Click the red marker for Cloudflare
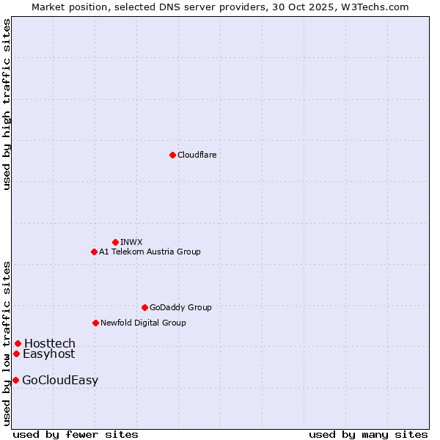pyautogui.click(x=172, y=155)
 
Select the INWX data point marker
pyautogui.click(x=115, y=242)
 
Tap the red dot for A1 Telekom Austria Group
pyautogui.click(x=94, y=252)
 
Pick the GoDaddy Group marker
pyautogui.click(x=144, y=307)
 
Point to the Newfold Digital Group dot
pyautogui.click(x=95, y=323)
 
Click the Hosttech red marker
pyautogui.click(x=18, y=343)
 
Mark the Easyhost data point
pyautogui.click(x=16, y=353)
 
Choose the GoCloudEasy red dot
pyautogui.click(x=15, y=380)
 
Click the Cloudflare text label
pyautogui.click(x=197, y=155)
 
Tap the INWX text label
pyautogui.click(x=131, y=242)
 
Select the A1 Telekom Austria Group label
pyautogui.click(x=150, y=252)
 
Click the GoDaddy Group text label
pyautogui.click(x=180, y=307)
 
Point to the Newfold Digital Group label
pyautogui.click(x=143, y=323)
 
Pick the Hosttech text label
pyautogui.click(x=49, y=343)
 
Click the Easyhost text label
pyautogui.click(x=48, y=353)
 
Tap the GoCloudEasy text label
pyautogui.click(x=60, y=380)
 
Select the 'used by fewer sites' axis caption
pyautogui.click(x=76, y=434)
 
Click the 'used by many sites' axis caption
pyautogui.click(x=368, y=434)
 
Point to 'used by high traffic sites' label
pyautogui.click(x=7, y=104)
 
